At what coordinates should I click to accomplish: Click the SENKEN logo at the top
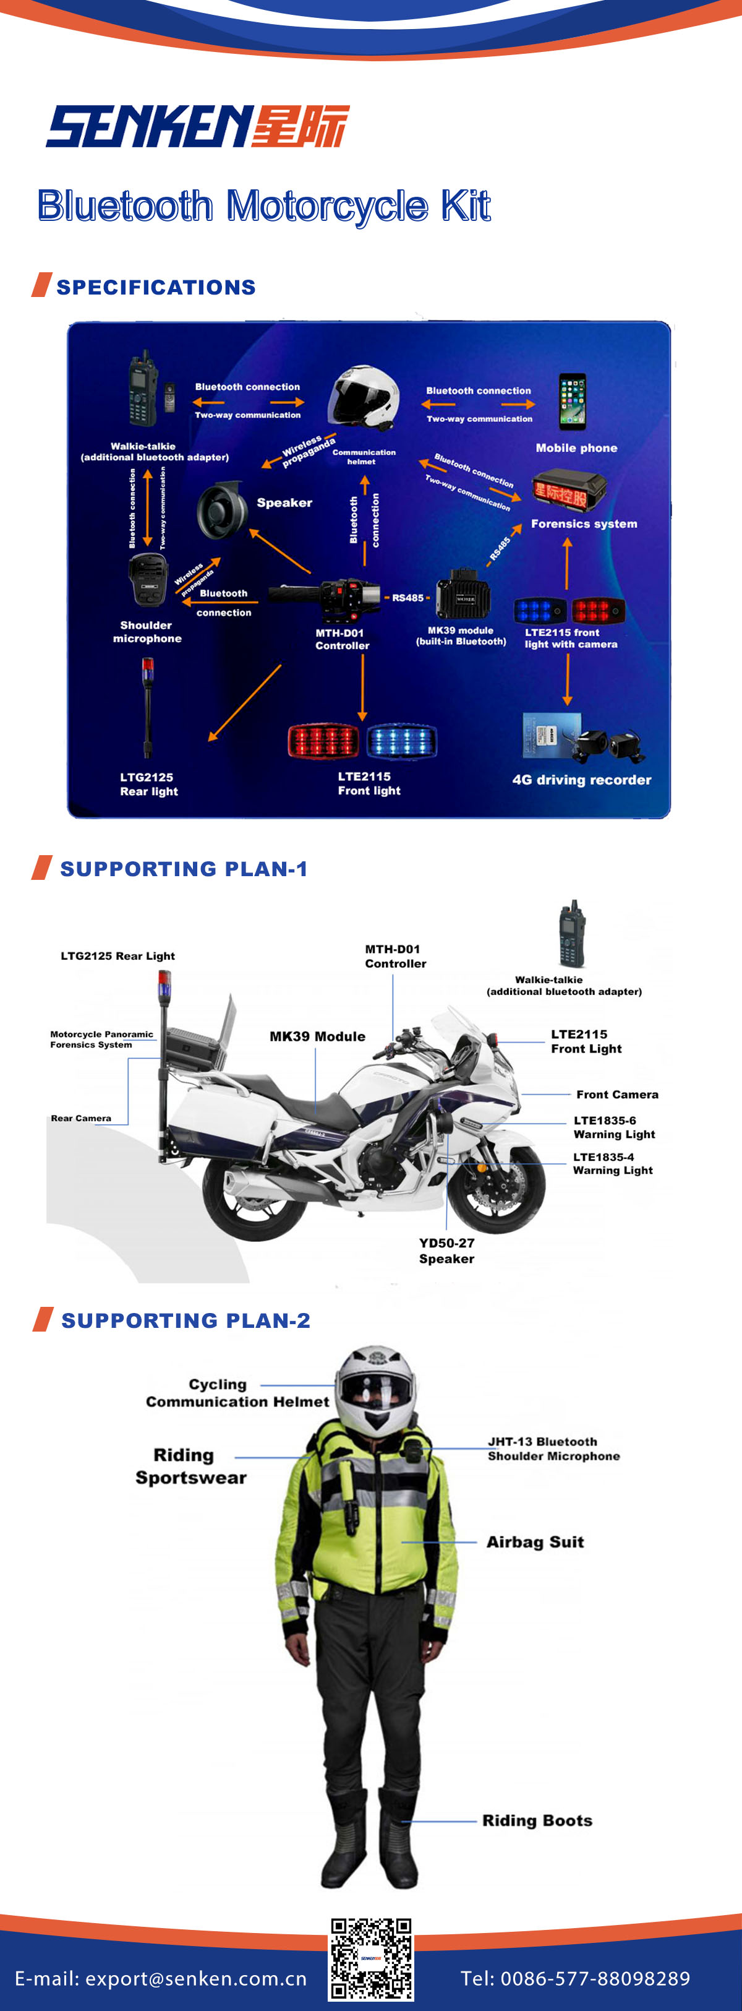[x=197, y=126]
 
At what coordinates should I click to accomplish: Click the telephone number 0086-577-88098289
[x=595, y=1978]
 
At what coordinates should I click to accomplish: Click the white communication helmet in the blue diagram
[x=363, y=398]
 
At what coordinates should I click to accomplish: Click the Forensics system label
[x=584, y=524]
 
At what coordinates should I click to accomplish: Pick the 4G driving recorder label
[x=581, y=780]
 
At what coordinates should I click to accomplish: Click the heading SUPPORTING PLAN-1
[x=184, y=869]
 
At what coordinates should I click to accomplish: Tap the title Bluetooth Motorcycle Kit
[x=263, y=206]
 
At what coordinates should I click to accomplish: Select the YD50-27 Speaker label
[x=446, y=1251]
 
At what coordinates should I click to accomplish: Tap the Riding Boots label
[x=537, y=1820]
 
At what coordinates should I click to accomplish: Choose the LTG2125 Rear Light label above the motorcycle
[x=118, y=955]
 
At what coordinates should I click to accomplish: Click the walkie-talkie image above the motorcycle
[x=572, y=934]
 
